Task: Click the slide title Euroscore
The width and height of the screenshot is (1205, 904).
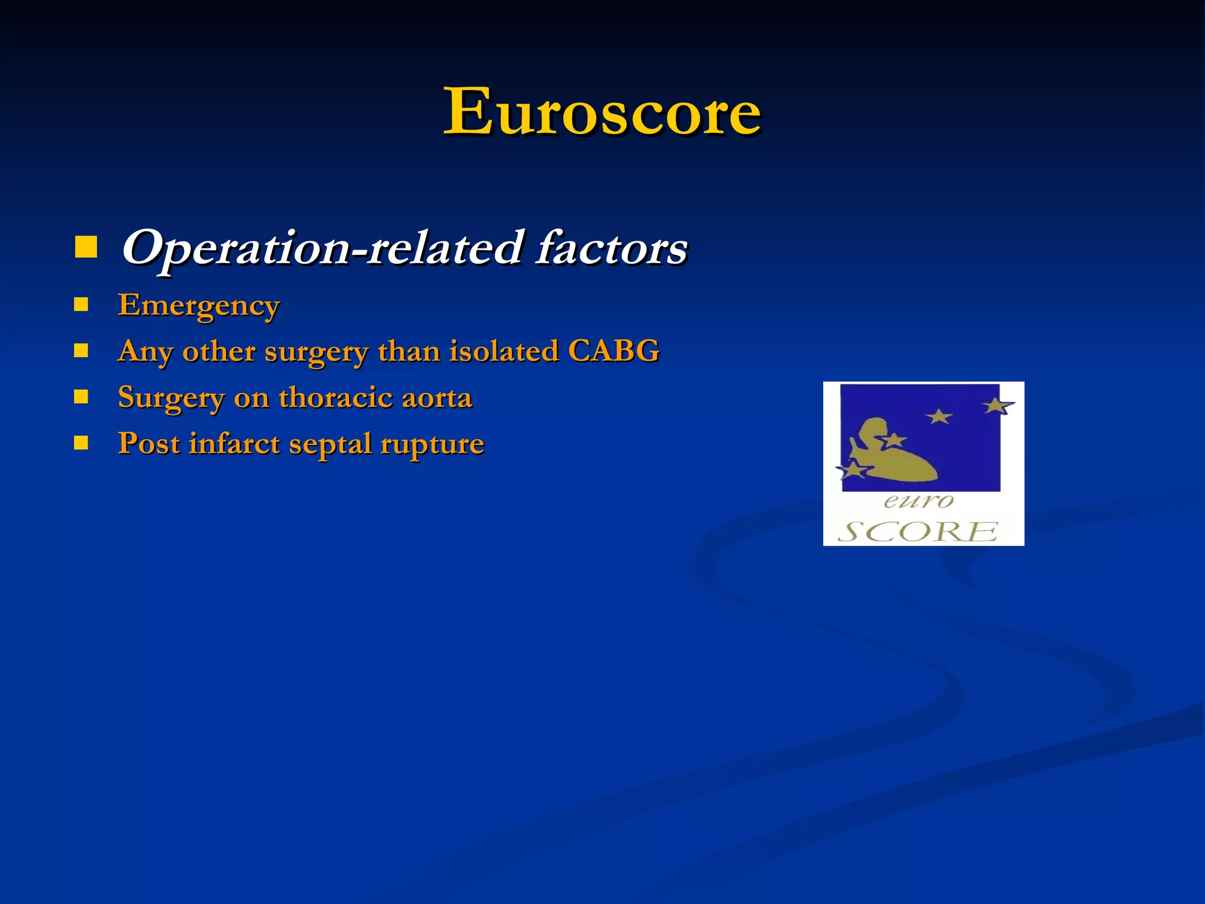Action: [602, 111]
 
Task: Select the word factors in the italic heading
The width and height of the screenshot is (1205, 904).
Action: [612, 248]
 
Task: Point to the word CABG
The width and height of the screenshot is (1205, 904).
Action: [614, 351]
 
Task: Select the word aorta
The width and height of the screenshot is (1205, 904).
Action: [437, 398]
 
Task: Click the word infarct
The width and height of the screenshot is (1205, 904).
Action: [234, 443]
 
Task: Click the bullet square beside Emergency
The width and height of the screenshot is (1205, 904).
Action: [81, 304]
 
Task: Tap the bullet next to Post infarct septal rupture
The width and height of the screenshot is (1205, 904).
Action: [81, 443]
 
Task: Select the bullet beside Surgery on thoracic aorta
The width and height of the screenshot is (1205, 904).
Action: [81, 397]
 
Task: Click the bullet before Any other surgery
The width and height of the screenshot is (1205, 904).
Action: [81, 351]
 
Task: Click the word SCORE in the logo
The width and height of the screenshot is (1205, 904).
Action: [918, 531]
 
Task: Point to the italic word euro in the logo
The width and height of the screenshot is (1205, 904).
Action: [918, 501]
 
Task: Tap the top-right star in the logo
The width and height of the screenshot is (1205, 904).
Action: [997, 406]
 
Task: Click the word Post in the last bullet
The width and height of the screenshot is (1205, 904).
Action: [149, 443]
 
